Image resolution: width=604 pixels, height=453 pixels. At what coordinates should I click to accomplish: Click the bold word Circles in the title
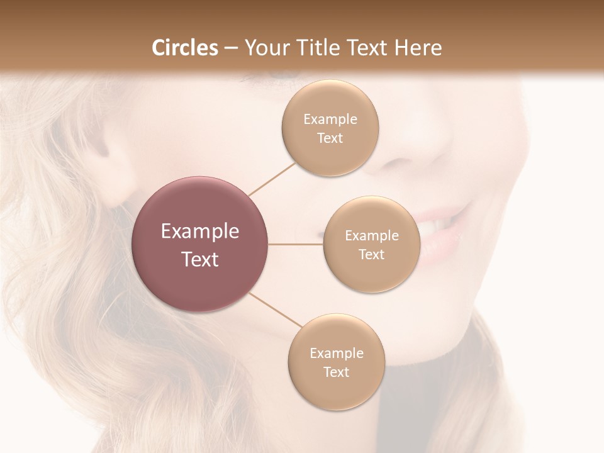185,48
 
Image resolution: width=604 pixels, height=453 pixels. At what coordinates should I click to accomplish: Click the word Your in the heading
265,48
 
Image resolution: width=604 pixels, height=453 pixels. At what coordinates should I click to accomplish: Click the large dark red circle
200,244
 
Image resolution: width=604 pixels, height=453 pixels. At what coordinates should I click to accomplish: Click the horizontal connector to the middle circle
296,244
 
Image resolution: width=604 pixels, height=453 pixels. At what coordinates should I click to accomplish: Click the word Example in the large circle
200,232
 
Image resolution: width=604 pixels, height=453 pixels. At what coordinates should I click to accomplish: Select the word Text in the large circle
200,259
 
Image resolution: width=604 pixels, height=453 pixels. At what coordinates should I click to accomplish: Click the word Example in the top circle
330,120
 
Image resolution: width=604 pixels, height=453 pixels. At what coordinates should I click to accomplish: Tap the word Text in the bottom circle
337,372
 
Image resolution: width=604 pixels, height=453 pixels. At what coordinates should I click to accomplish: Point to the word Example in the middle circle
372,236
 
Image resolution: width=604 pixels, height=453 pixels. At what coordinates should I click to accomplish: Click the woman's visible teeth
440,222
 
